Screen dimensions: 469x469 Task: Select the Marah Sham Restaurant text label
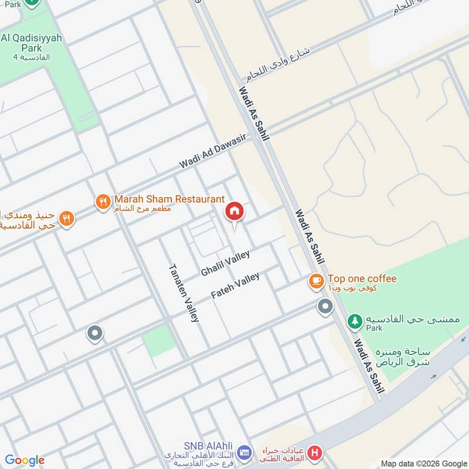(x=169, y=200)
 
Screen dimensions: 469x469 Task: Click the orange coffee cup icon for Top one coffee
(x=317, y=282)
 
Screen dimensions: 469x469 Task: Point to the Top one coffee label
(x=362, y=279)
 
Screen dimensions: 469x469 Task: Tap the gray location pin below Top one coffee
(x=324, y=306)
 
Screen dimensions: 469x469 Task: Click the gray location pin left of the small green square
(x=94, y=334)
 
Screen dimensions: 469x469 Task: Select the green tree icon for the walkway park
(x=355, y=321)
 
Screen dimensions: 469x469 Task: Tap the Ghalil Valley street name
(x=225, y=264)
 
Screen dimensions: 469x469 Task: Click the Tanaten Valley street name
(x=184, y=293)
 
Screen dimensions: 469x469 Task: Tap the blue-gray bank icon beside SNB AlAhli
(x=244, y=453)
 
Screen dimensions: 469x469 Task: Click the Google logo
(x=25, y=460)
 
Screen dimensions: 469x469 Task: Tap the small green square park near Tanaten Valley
(x=159, y=341)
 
